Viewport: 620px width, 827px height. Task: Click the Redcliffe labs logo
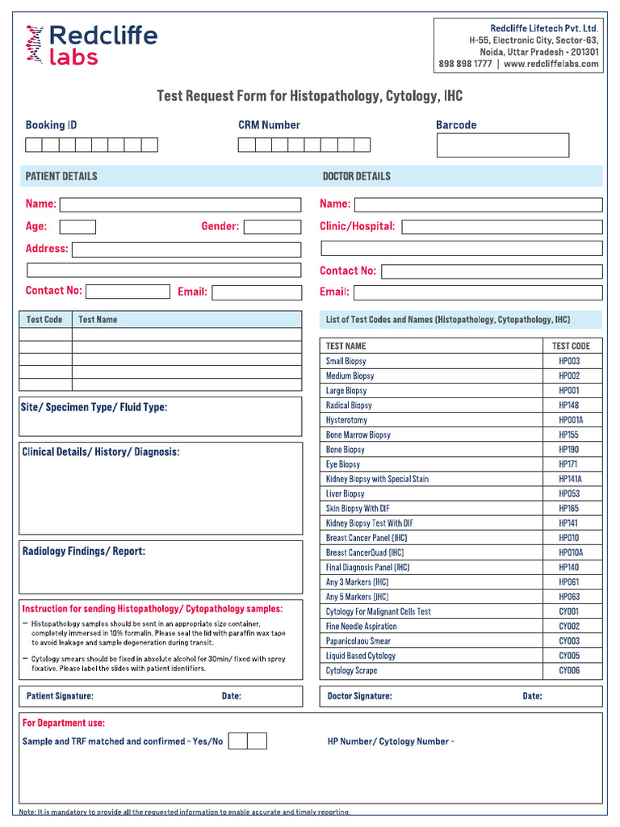(x=91, y=44)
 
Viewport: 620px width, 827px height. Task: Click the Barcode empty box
(x=502, y=145)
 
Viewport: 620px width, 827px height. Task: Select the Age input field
(x=77, y=227)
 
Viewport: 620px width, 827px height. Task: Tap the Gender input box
(x=272, y=227)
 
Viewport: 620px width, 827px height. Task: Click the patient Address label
(x=47, y=249)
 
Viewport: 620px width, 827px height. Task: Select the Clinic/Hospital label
(x=358, y=227)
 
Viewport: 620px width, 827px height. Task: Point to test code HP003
(x=569, y=361)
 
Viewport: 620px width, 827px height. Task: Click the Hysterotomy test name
(x=346, y=420)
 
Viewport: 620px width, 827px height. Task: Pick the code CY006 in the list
(x=569, y=670)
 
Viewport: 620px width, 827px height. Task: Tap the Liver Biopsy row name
(x=345, y=493)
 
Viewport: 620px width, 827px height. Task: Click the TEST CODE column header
(x=571, y=346)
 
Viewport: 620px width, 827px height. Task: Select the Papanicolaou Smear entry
(x=358, y=641)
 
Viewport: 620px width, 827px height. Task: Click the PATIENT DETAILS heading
(x=61, y=176)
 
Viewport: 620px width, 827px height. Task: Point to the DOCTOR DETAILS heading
(x=356, y=176)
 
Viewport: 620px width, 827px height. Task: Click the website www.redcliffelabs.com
(x=551, y=64)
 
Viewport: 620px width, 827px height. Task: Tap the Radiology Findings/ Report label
(x=84, y=552)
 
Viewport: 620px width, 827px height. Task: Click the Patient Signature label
(x=60, y=696)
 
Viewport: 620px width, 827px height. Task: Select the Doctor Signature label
(x=359, y=696)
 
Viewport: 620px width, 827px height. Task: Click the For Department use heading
(x=64, y=724)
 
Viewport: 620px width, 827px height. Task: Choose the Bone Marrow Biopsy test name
(x=358, y=434)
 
